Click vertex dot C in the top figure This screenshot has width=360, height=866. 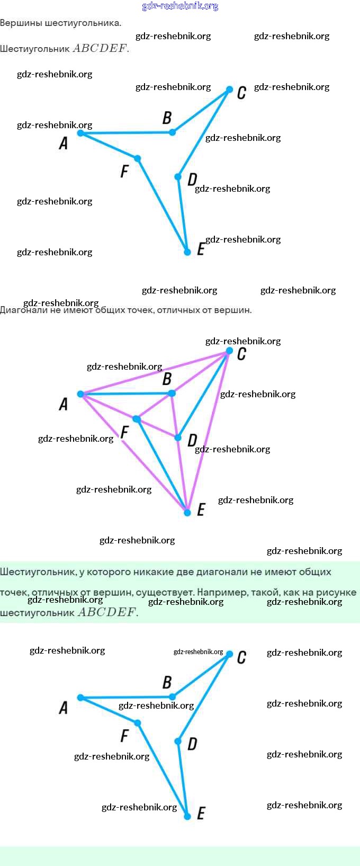pyautogui.click(x=229, y=90)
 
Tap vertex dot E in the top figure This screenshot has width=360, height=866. pyautogui.click(x=187, y=252)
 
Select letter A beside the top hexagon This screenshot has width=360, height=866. pyautogui.click(x=64, y=143)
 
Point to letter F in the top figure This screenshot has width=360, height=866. pyautogui.click(x=124, y=171)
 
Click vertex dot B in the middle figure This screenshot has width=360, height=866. pyautogui.click(x=172, y=393)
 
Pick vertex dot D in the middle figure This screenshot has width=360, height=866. pyautogui.click(x=178, y=438)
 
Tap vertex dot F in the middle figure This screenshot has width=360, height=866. pyautogui.click(x=137, y=419)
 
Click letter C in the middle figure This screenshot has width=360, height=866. pyautogui.click(x=241, y=354)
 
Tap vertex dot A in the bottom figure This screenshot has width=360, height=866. pyautogui.click(x=80, y=698)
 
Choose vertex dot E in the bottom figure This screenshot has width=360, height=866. pyautogui.click(x=187, y=817)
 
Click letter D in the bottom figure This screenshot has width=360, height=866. pyautogui.click(x=192, y=744)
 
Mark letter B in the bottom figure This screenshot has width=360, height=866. pyautogui.click(x=167, y=682)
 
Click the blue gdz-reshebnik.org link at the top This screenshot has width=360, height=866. pyautogui.click(x=180, y=6)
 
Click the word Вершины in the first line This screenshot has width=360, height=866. pyautogui.click(x=21, y=23)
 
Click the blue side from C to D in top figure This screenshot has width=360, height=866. pyautogui.click(x=204, y=132)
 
